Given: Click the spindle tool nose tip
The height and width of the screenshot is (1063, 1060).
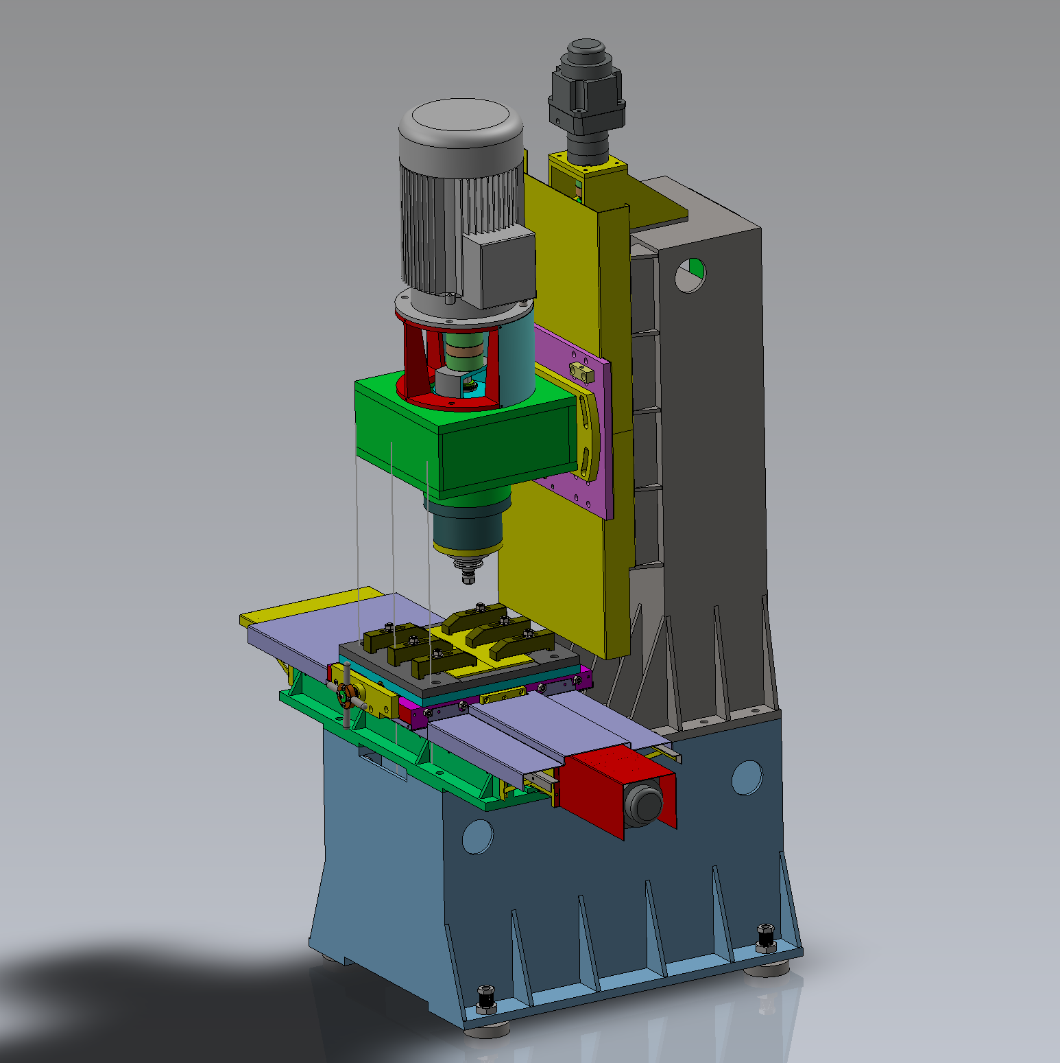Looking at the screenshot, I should tap(468, 579).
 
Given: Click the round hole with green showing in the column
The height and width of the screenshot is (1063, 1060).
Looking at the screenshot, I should tap(690, 275).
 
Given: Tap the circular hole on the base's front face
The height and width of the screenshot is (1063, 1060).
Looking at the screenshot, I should tap(477, 837).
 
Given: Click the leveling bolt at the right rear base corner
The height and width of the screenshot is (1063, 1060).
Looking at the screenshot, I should tap(765, 937).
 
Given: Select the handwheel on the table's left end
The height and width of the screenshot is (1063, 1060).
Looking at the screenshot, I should tap(346, 697).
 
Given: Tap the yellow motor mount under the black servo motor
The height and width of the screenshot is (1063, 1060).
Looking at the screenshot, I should tap(588, 172).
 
